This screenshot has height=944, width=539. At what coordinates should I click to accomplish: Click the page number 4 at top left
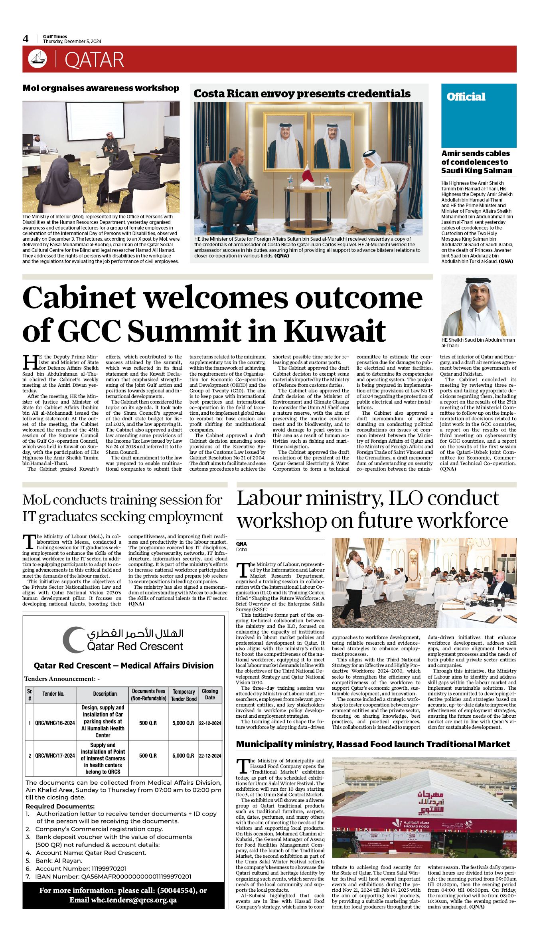[26, 39]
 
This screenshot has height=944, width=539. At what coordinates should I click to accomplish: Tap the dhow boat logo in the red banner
[38, 59]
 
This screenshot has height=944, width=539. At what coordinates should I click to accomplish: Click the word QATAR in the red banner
[94, 60]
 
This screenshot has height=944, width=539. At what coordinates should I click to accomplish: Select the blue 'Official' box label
[466, 97]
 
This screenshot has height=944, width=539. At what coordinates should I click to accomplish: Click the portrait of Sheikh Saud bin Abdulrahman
[478, 306]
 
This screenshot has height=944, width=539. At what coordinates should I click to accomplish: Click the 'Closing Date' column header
[210, 694]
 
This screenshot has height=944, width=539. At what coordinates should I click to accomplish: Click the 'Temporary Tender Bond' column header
[184, 695]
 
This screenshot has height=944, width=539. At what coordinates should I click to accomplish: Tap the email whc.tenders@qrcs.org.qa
[134, 900]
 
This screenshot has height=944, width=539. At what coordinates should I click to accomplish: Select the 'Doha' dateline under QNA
[242, 550]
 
